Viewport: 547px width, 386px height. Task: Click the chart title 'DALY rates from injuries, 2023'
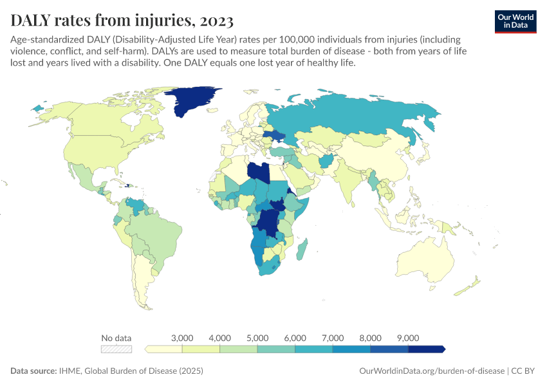[x=119, y=21]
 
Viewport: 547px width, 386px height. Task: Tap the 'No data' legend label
[x=116, y=338]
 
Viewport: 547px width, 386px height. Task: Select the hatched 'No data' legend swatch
[x=116, y=349]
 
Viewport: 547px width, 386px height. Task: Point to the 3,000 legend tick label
[x=183, y=338]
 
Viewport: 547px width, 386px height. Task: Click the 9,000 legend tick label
[x=408, y=338]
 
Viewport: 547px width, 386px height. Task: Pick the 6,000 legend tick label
[x=295, y=338]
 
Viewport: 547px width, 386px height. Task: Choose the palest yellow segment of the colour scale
[x=165, y=349]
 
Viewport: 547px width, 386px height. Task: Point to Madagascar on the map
[x=303, y=249]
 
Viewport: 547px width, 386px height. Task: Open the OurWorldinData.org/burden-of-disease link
[x=431, y=371]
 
